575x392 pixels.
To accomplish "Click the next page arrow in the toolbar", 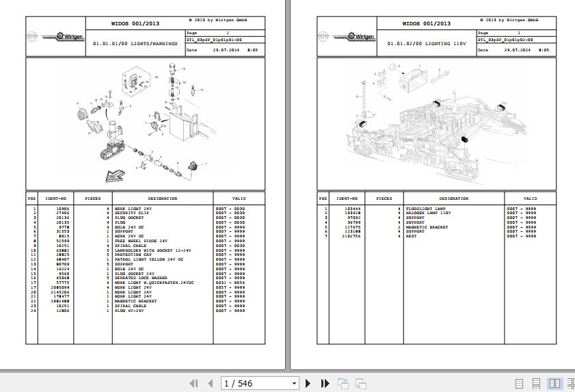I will (308, 384).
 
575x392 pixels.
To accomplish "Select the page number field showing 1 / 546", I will (260, 384).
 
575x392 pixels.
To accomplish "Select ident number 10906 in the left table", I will (62, 208).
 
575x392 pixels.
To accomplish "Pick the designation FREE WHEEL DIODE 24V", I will (141, 241).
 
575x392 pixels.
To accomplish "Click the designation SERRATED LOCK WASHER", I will (141, 278).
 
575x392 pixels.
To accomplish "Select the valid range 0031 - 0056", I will (230, 282).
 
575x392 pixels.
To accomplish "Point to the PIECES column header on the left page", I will (93, 198).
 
